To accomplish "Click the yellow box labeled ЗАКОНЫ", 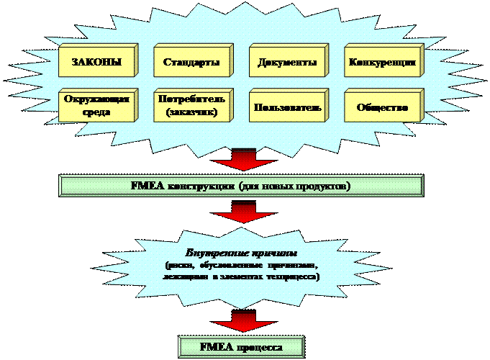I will pyautogui.click(x=95, y=63).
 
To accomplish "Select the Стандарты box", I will pyautogui.click(x=191, y=63).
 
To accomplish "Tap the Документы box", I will pyautogui.click(x=286, y=63).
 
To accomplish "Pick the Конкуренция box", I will pyautogui.click(x=382, y=63).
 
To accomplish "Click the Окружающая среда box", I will pyautogui.click(x=95, y=107).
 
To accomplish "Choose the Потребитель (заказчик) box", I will pyautogui.click(x=191, y=107).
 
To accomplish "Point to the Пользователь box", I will pyautogui.click(x=286, y=107).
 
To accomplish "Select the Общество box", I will pyautogui.click(x=382, y=107).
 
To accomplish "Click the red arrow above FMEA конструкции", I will pyautogui.click(x=243, y=160).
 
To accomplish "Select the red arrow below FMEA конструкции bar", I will pyautogui.click(x=243, y=213).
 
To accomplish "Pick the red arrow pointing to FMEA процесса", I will pyautogui.click(x=243, y=321).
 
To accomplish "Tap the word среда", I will pyautogui.click(x=96, y=113).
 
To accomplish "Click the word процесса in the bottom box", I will pyautogui.click(x=258, y=347).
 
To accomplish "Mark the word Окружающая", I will pyautogui.click(x=96, y=99).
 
